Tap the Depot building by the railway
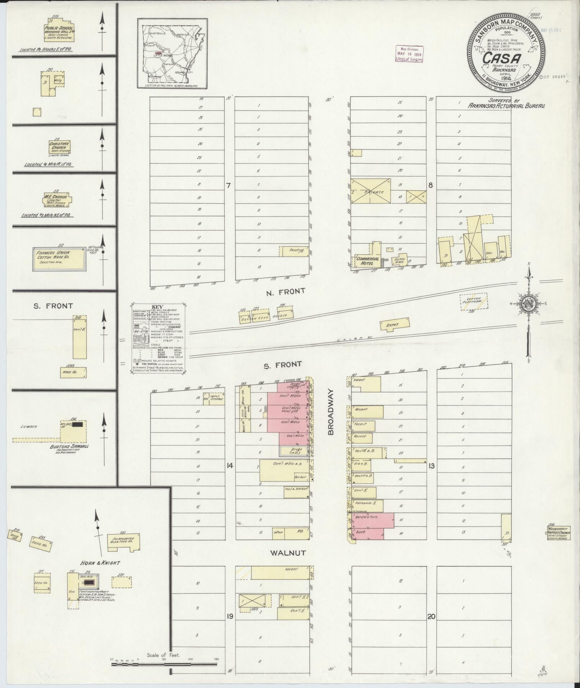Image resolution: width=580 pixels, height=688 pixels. point(394,324)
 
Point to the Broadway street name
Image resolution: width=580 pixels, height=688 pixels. point(331,412)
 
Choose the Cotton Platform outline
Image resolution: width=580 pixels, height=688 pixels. point(474,301)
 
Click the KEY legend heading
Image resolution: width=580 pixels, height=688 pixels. point(158,307)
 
